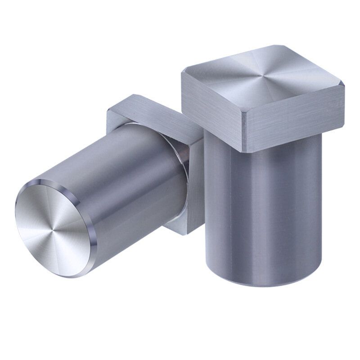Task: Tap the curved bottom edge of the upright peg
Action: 265,283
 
